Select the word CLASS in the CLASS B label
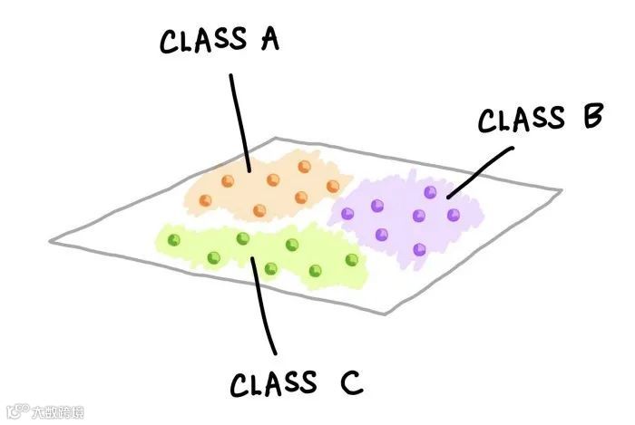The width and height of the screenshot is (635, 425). click(522, 120)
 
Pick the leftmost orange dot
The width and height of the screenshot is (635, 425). click(228, 180)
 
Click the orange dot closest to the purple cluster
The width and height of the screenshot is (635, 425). click(334, 186)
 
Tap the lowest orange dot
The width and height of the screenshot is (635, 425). click(260, 211)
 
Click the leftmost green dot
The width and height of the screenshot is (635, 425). click(175, 239)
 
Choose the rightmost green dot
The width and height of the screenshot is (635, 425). click(352, 260)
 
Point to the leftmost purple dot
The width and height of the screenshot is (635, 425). click(347, 214)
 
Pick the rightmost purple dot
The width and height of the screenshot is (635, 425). click(454, 214)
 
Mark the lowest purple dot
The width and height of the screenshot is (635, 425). click(418, 248)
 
